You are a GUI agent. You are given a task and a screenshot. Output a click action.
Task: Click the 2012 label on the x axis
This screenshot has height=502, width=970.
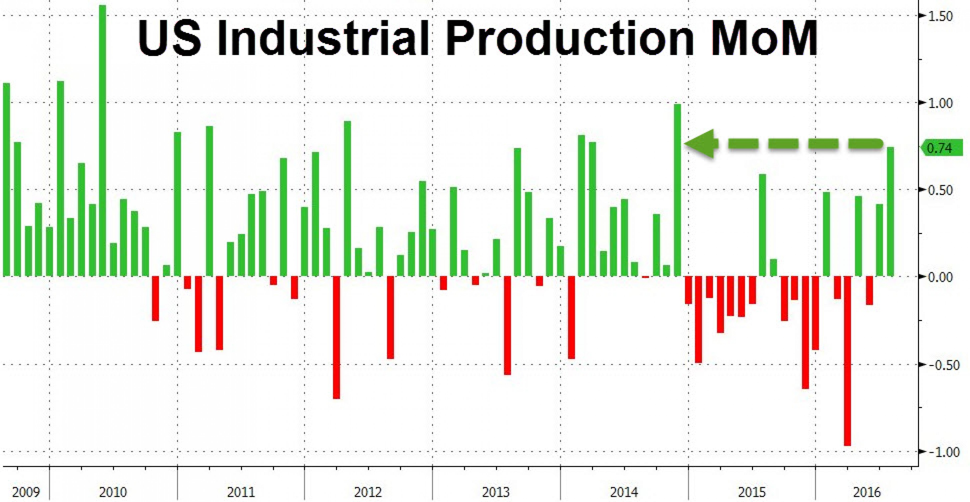(x=368, y=492)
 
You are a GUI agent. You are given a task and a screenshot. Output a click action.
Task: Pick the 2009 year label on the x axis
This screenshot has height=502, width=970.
(x=26, y=492)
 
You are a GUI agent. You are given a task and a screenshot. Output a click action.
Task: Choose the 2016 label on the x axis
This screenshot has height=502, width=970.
(x=867, y=492)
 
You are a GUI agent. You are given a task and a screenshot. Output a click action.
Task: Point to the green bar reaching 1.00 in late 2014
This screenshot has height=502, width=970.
(x=677, y=190)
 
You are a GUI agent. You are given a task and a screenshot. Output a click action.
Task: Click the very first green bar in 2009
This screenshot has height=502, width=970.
(x=6, y=180)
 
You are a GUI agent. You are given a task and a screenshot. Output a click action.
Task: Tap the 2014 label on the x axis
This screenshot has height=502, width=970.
(x=624, y=492)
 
